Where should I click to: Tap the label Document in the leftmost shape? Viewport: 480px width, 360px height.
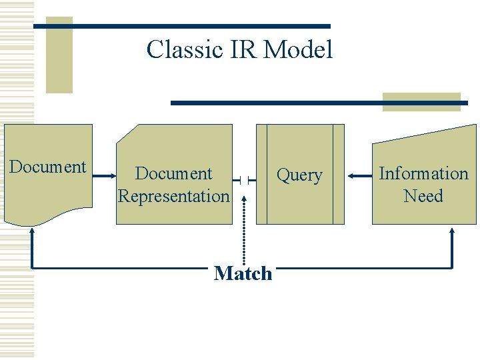click(48, 167)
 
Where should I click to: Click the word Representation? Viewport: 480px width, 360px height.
click(173, 196)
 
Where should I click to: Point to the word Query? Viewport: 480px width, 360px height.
click(299, 175)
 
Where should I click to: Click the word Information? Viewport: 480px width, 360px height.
click(423, 174)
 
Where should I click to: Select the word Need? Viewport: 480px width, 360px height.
click(423, 196)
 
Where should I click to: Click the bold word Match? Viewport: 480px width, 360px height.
click(243, 273)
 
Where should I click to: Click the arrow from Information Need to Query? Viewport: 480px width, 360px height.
click(359, 175)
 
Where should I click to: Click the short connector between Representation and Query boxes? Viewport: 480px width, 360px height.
click(244, 179)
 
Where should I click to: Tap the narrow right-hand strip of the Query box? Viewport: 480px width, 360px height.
click(339, 174)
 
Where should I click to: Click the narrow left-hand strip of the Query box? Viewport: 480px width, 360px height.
click(261, 174)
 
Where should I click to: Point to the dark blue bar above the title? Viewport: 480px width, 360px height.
click(182, 26)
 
